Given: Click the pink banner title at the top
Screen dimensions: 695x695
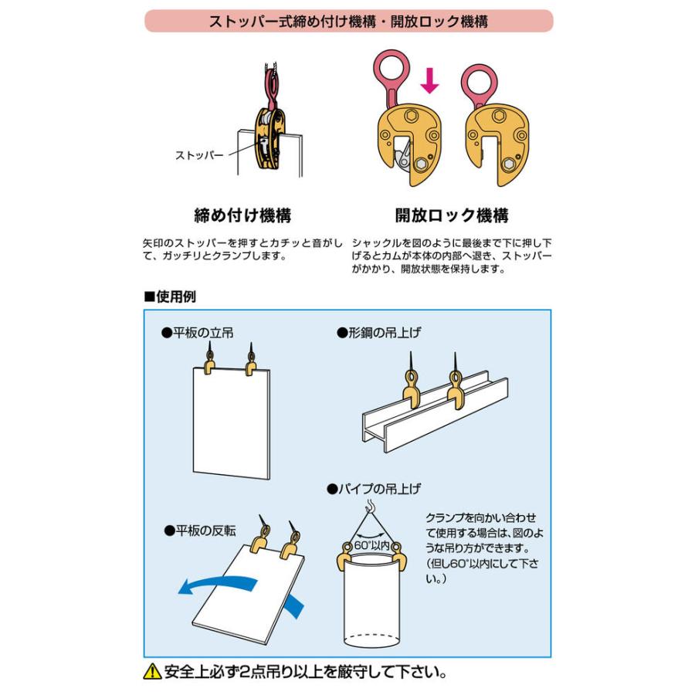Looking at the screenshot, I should (x=348, y=21).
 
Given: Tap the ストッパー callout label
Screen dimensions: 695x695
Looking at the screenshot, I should (x=198, y=155).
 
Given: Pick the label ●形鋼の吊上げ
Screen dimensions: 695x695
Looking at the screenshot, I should (x=378, y=333).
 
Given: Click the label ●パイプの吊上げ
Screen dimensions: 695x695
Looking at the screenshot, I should (x=373, y=489).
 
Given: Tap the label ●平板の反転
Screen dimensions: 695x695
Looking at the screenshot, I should (x=199, y=531).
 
